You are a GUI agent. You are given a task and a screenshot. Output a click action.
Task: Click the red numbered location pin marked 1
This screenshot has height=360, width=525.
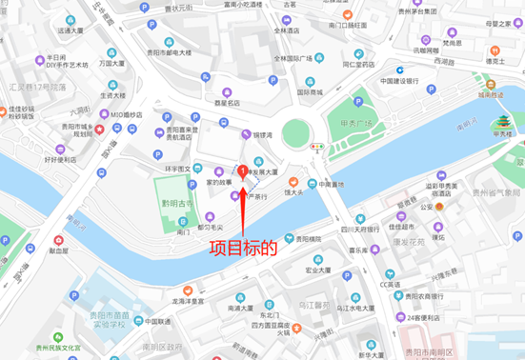[245, 170]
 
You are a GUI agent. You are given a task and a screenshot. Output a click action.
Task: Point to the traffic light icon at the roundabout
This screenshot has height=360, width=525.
[316, 147]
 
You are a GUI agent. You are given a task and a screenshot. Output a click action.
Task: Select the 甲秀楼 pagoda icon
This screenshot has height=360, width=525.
[501, 122]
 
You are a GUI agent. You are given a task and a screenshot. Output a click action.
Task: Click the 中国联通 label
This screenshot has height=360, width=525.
[145, 321]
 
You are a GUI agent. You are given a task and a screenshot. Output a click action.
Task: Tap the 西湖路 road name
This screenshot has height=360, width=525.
[445, 61]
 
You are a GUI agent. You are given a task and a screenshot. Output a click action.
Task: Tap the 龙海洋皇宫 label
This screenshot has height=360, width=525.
[190, 299]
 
